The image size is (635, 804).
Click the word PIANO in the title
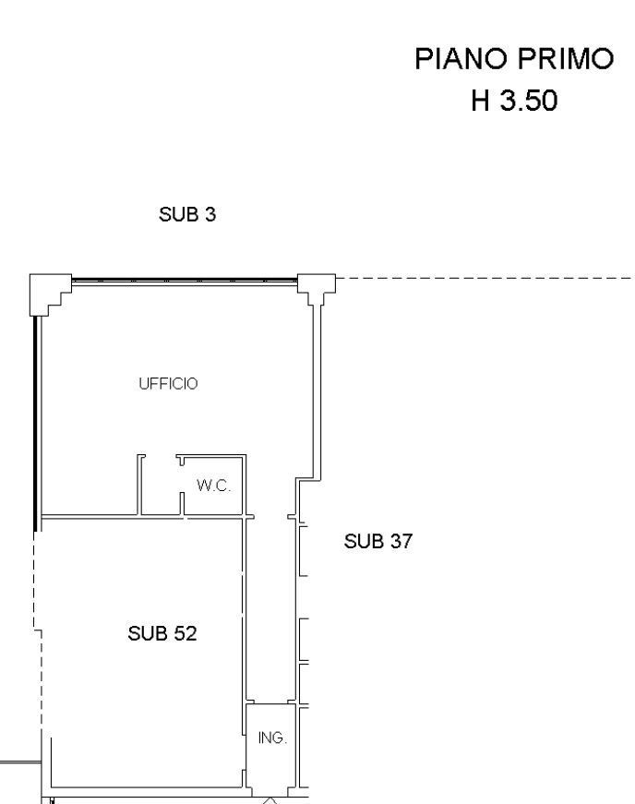[x=461, y=58]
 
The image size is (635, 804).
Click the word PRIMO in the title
[x=565, y=58]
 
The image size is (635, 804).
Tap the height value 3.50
[x=529, y=100]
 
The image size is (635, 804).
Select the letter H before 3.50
[x=480, y=100]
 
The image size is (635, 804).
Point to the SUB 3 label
[x=187, y=214]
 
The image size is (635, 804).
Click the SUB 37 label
[x=378, y=541]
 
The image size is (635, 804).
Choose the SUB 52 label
[x=162, y=633]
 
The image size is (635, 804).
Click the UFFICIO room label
[x=168, y=384]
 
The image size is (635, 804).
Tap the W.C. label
[x=214, y=485]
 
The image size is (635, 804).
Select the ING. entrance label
[x=272, y=738]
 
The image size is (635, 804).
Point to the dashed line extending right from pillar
[x=485, y=279]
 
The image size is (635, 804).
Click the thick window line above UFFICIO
[x=185, y=280]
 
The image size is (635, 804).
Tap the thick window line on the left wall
[x=35, y=424]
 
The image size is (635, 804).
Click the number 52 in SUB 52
[x=186, y=633]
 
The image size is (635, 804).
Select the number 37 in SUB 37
[x=401, y=541]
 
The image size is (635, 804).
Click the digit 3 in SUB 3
[x=210, y=214]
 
